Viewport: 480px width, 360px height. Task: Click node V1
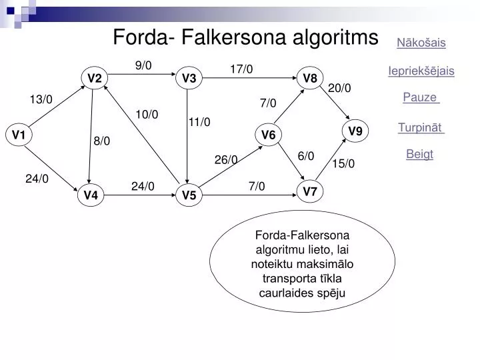[x=19, y=135]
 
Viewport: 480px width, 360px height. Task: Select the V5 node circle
[x=189, y=195]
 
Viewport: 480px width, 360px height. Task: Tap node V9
[x=355, y=131]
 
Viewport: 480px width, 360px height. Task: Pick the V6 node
[x=268, y=135]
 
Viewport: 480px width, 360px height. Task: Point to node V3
[x=189, y=78]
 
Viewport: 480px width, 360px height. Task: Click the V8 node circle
[x=310, y=78]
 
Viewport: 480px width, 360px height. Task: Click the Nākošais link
[x=421, y=43]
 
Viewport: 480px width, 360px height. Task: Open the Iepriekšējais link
[x=421, y=71]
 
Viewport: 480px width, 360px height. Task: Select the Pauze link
[x=420, y=97]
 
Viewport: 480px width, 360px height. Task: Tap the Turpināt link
[x=420, y=127]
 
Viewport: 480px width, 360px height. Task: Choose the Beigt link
[x=420, y=154]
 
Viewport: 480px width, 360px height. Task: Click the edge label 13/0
[x=41, y=99]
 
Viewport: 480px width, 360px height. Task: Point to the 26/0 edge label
[x=226, y=159]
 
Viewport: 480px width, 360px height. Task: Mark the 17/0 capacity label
[x=241, y=69]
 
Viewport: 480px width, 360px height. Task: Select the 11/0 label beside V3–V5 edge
[x=199, y=122]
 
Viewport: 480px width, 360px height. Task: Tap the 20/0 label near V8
[x=339, y=88]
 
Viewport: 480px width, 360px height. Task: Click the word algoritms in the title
[x=335, y=37]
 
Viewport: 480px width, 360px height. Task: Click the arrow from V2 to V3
[x=142, y=74]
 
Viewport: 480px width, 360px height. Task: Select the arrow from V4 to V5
[x=140, y=195]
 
